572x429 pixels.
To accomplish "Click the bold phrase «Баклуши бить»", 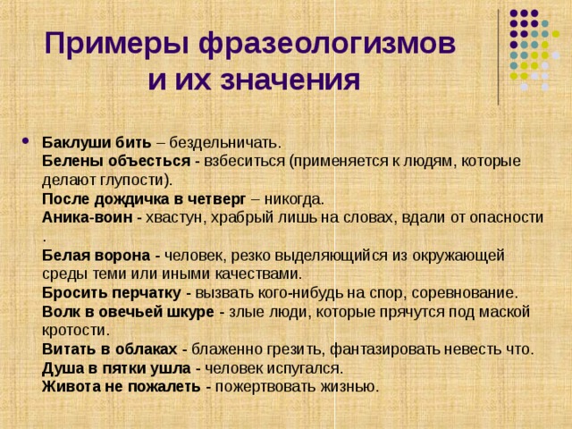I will point(91,142).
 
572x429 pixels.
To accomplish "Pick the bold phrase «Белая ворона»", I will point(96,255).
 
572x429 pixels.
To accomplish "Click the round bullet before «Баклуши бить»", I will point(24,143).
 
